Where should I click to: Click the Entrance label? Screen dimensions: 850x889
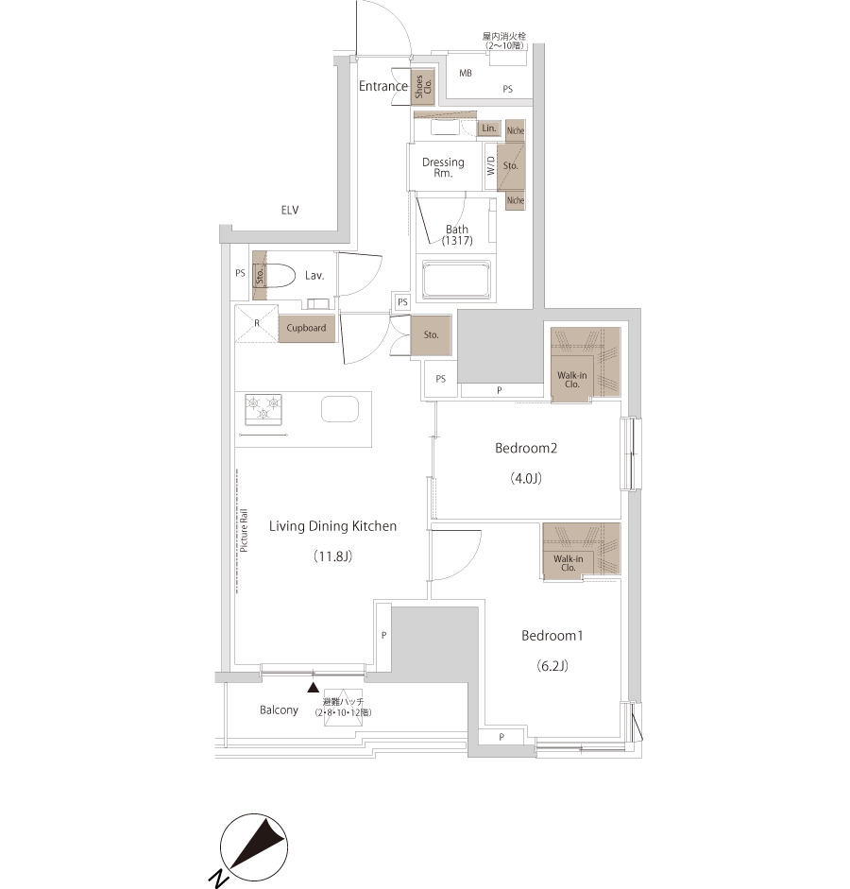[x=383, y=86]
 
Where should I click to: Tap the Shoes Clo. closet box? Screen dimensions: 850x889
[x=423, y=87]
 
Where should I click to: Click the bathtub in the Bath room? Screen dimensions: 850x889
[x=456, y=279]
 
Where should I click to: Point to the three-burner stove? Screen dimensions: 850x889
[x=263, y=409]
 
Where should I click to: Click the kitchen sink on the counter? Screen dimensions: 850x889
[x=340, y=409]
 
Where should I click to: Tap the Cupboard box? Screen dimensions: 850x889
[x=306, y=329]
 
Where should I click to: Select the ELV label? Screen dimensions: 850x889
[x=290, y=211]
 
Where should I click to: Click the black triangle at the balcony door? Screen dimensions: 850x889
[x=313, y=688]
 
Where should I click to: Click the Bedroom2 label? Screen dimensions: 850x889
[x=526, y=449]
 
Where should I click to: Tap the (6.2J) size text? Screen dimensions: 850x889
[x=552, y=666]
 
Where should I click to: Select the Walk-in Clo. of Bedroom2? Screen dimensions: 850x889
[x=586, y=365]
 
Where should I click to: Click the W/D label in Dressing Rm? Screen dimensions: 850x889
[x=491, y=165]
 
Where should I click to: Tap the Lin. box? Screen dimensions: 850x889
[x=489, y=128]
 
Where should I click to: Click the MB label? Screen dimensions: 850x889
[x=466, y=73]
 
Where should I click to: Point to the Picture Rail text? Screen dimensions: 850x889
[x=244, y=530]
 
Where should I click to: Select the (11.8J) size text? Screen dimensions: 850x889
[x=333, y=556]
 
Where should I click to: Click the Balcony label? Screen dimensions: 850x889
[x=279, y=709]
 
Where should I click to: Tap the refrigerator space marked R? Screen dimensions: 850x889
[x=257, y=324]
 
